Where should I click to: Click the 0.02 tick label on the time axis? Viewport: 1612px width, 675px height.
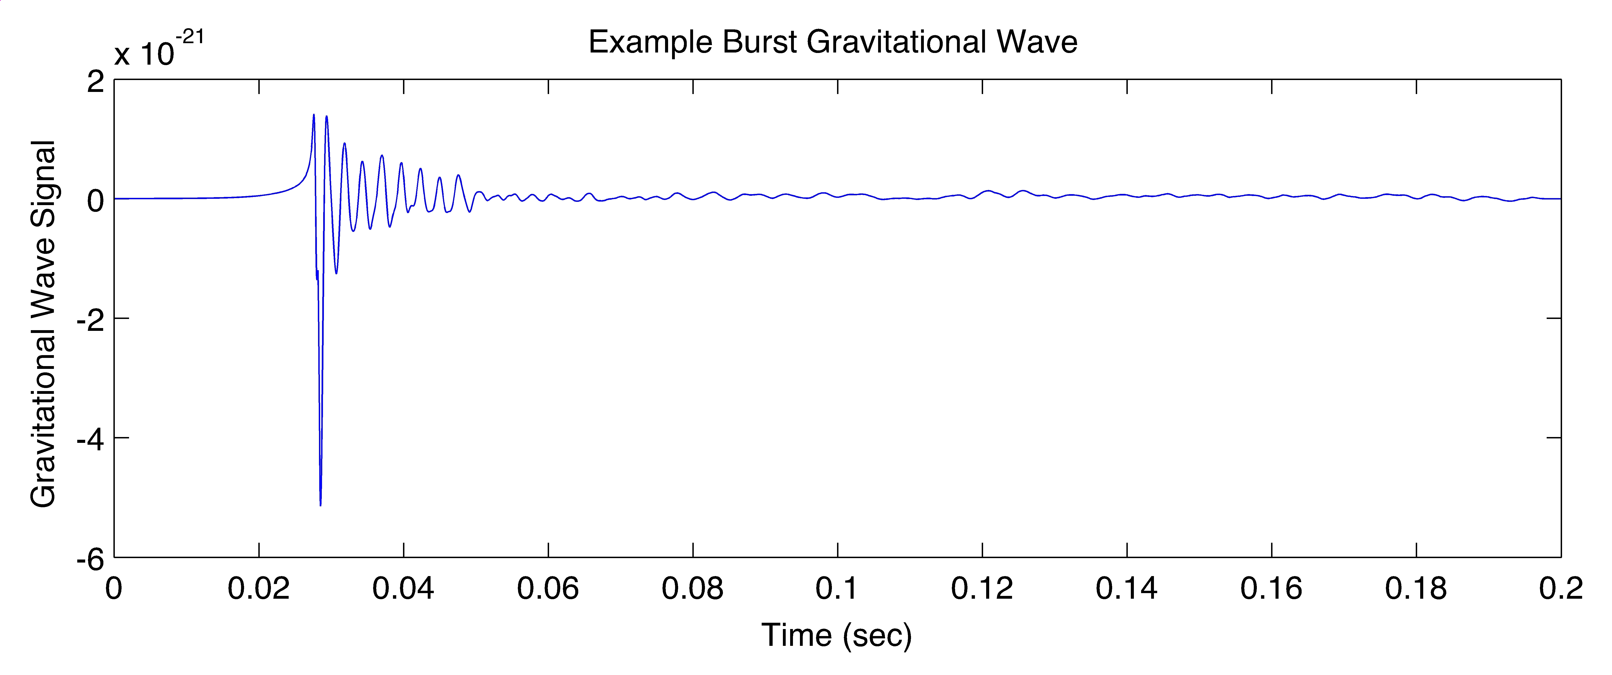coord(259,589)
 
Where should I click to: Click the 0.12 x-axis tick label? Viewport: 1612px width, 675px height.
coord(982,589)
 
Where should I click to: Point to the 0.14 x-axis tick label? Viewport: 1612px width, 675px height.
coord(1126,589)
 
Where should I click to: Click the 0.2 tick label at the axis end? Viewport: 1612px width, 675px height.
coord(1561,589)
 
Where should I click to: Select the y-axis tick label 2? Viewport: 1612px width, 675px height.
coord(96,81)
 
